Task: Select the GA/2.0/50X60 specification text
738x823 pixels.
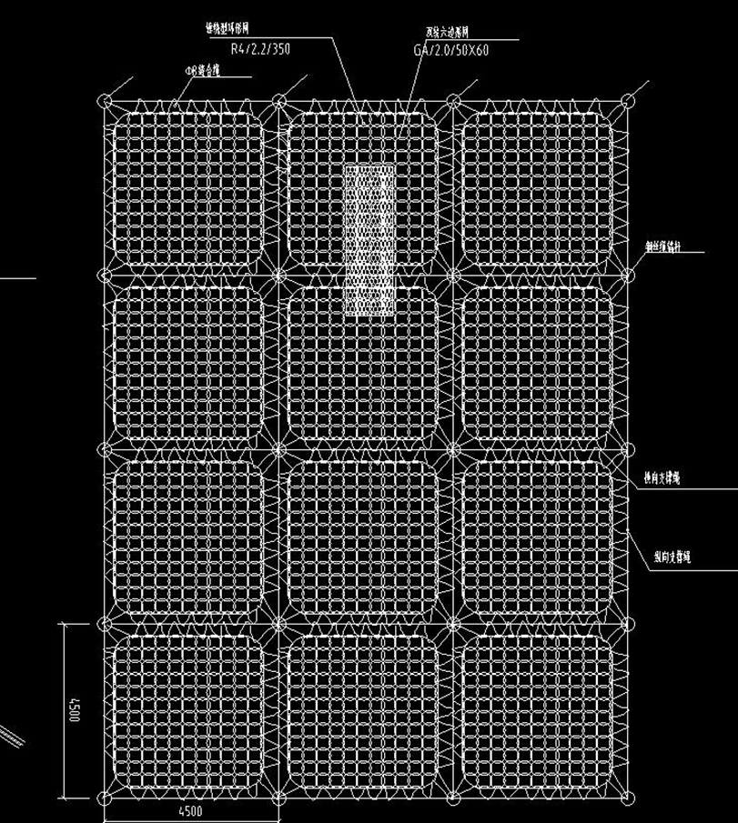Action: point(450,50)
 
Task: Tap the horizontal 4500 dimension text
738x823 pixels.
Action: point(189,811)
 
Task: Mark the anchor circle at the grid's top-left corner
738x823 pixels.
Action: point(106,101)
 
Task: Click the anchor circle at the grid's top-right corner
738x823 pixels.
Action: point(628,101)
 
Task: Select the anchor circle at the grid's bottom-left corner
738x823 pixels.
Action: point(106,799)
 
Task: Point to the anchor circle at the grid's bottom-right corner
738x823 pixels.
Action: point(628,799)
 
